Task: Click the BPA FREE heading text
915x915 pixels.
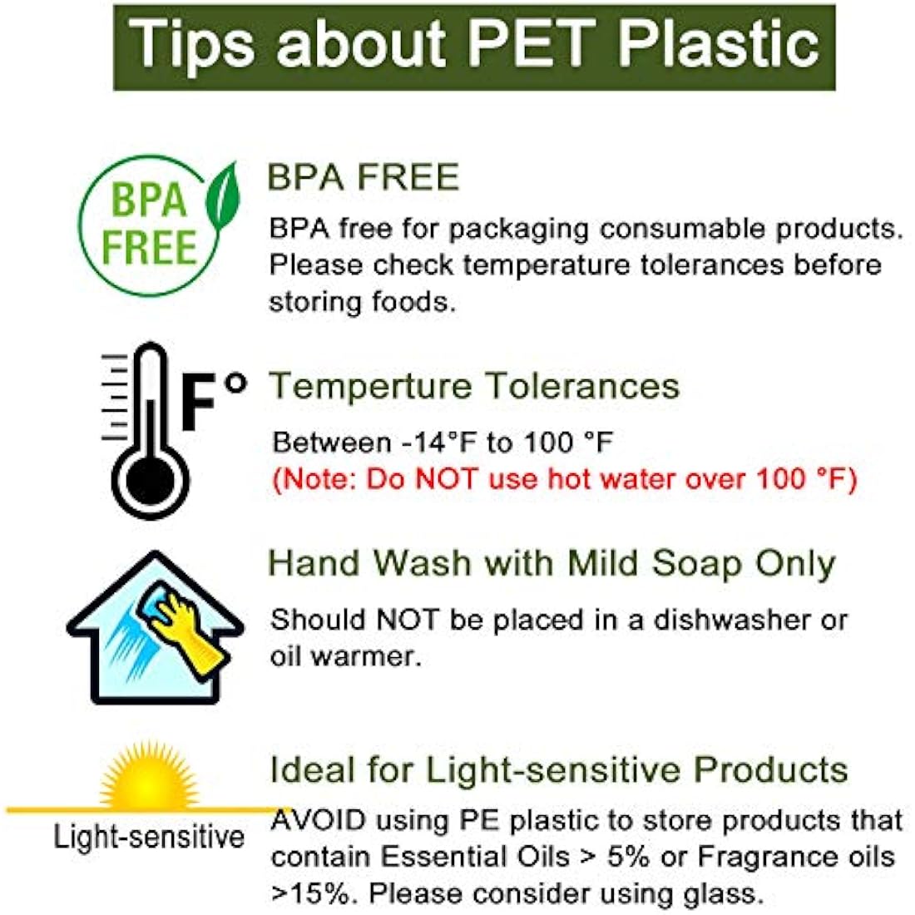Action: tap(364, 176)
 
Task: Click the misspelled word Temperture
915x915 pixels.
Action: tap(370, 386)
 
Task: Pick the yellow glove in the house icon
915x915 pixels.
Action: tap(186, 631)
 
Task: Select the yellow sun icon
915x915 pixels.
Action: tap(149, 775)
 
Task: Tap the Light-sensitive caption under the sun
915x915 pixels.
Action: tap(149, 837)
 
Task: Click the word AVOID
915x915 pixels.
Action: tap(318, 820)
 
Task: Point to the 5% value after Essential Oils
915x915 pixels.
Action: tap(628, 857)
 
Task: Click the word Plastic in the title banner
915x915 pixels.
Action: tap(719, 42)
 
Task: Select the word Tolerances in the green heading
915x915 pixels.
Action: tap(583, 386)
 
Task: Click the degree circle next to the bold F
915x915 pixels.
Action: tap(235, 383)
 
